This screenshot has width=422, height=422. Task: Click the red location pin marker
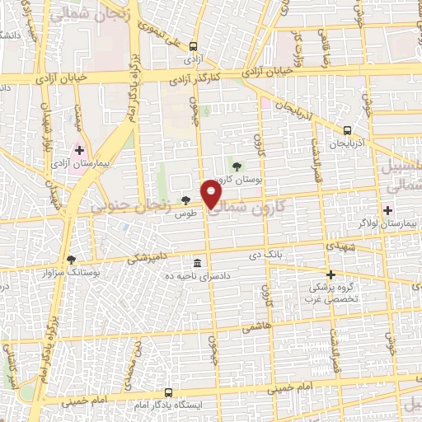(x=212, y=194)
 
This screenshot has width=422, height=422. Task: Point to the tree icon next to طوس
(x=185, y=200)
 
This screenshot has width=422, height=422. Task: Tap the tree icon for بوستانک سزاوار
(x=71, y=259)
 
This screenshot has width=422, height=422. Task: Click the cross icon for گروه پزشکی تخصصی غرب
(x=331, y=274)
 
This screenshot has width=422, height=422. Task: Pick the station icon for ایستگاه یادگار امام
(x=168, y=392)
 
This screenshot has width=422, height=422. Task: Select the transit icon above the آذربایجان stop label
(x=347, y=129)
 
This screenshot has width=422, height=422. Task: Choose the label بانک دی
(x=267, y=256)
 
